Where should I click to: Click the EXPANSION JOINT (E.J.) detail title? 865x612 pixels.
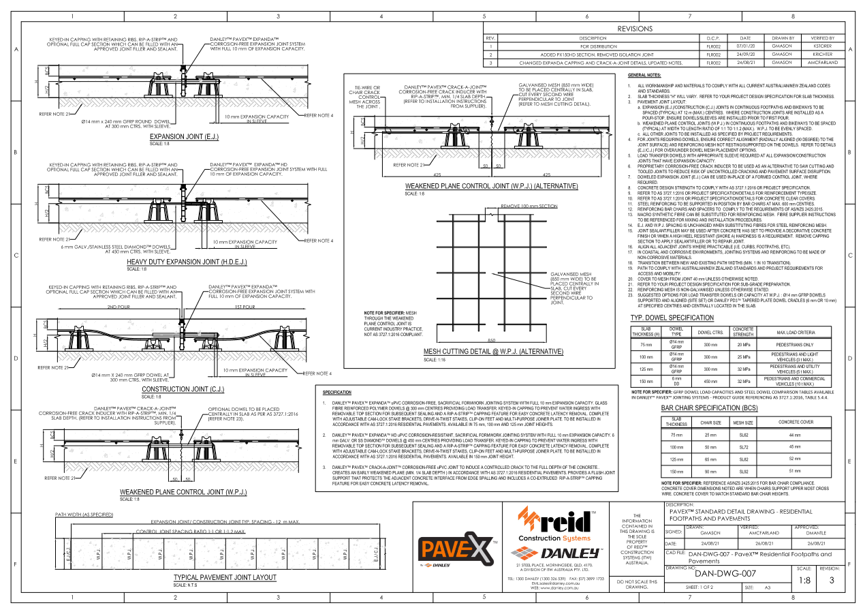pyautogui.click(x=188, y=137)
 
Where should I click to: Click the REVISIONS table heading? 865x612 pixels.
pyautogui.click(x=635, y=29)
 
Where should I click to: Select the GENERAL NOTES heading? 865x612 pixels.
pyautogui.click(x=644, y=75)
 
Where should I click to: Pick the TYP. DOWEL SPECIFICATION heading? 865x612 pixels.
pyautogui.click(x=672, y=318)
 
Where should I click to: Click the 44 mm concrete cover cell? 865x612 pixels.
pyautogui.click(x=794, y=435)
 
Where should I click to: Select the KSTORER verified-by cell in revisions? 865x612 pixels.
pyautogui.click(x=822, y=46)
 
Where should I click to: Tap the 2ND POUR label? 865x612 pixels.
pyautogui.click(x=120, y=307)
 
